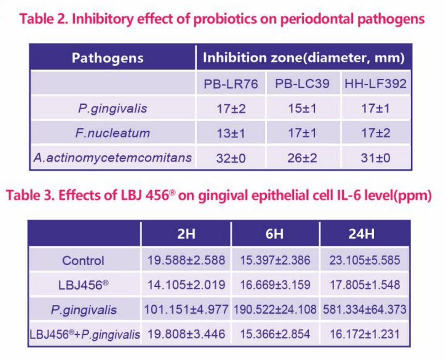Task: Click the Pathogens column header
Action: point(107,58)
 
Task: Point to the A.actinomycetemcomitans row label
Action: point(112,157)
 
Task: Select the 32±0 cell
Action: point(231,157)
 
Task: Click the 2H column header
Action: point(186,234)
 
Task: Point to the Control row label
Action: point(83,260)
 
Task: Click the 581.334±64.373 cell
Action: point(365,309)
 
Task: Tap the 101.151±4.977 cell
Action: point(186,309)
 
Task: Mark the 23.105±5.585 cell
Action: point(365,260)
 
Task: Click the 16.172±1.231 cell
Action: point(365,334)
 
